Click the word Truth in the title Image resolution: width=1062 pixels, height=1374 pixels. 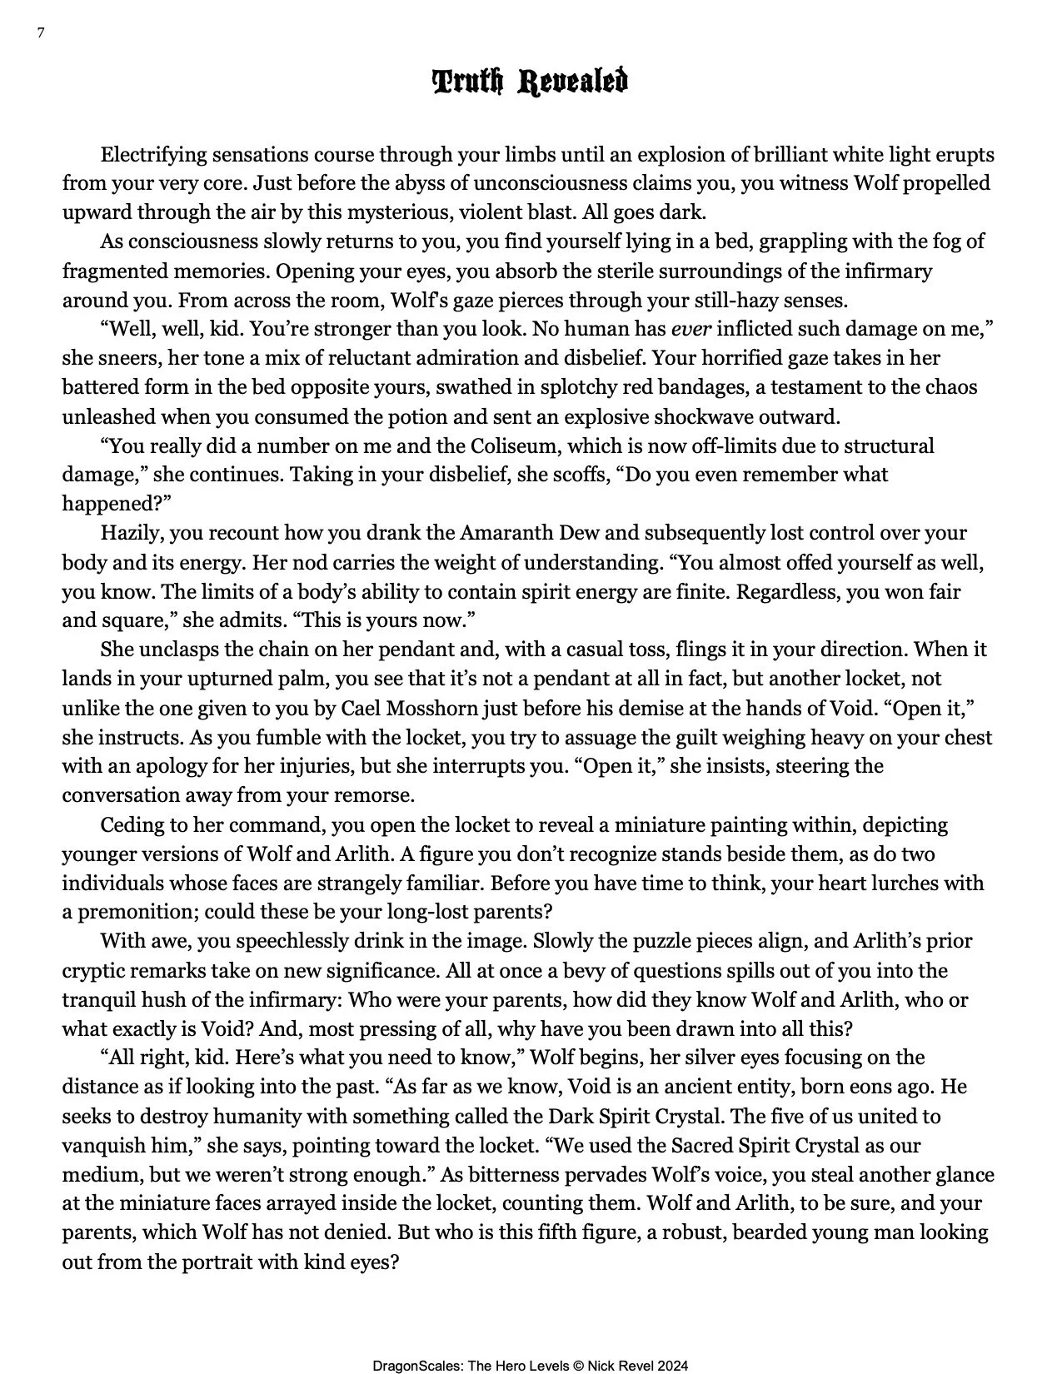click(x=468, y=82)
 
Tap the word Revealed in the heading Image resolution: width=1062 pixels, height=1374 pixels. click(x=574, y=82)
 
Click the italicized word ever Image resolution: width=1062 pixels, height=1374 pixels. click(x=691, y=329)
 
